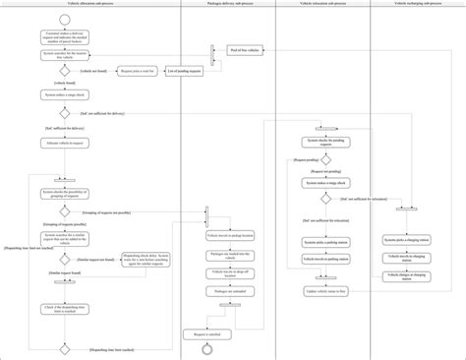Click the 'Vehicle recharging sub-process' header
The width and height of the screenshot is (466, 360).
pyautogui.click(x=417, y=5)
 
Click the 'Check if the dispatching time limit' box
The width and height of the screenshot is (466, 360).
pyautogui.click(x=64, y=311)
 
